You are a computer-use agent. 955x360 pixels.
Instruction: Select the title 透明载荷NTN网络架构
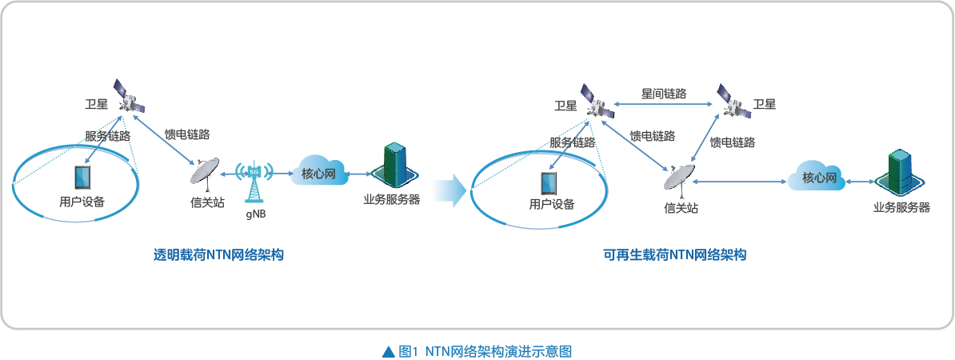(x=218, y=255)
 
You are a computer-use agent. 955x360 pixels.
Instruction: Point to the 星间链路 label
(x=664, y=93)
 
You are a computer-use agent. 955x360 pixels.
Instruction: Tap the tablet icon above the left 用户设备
(x=82, y=178)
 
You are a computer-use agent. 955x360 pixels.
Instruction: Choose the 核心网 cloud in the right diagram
(x=817, y=178)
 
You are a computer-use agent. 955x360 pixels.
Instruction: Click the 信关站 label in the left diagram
(x=203, y=202)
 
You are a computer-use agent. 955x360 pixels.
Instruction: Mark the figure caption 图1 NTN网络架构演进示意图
(x=485, y=351)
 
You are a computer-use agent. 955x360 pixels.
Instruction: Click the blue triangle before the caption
(x=389, y=351)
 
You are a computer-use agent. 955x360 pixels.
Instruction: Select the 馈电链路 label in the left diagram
(x=187, y=134)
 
